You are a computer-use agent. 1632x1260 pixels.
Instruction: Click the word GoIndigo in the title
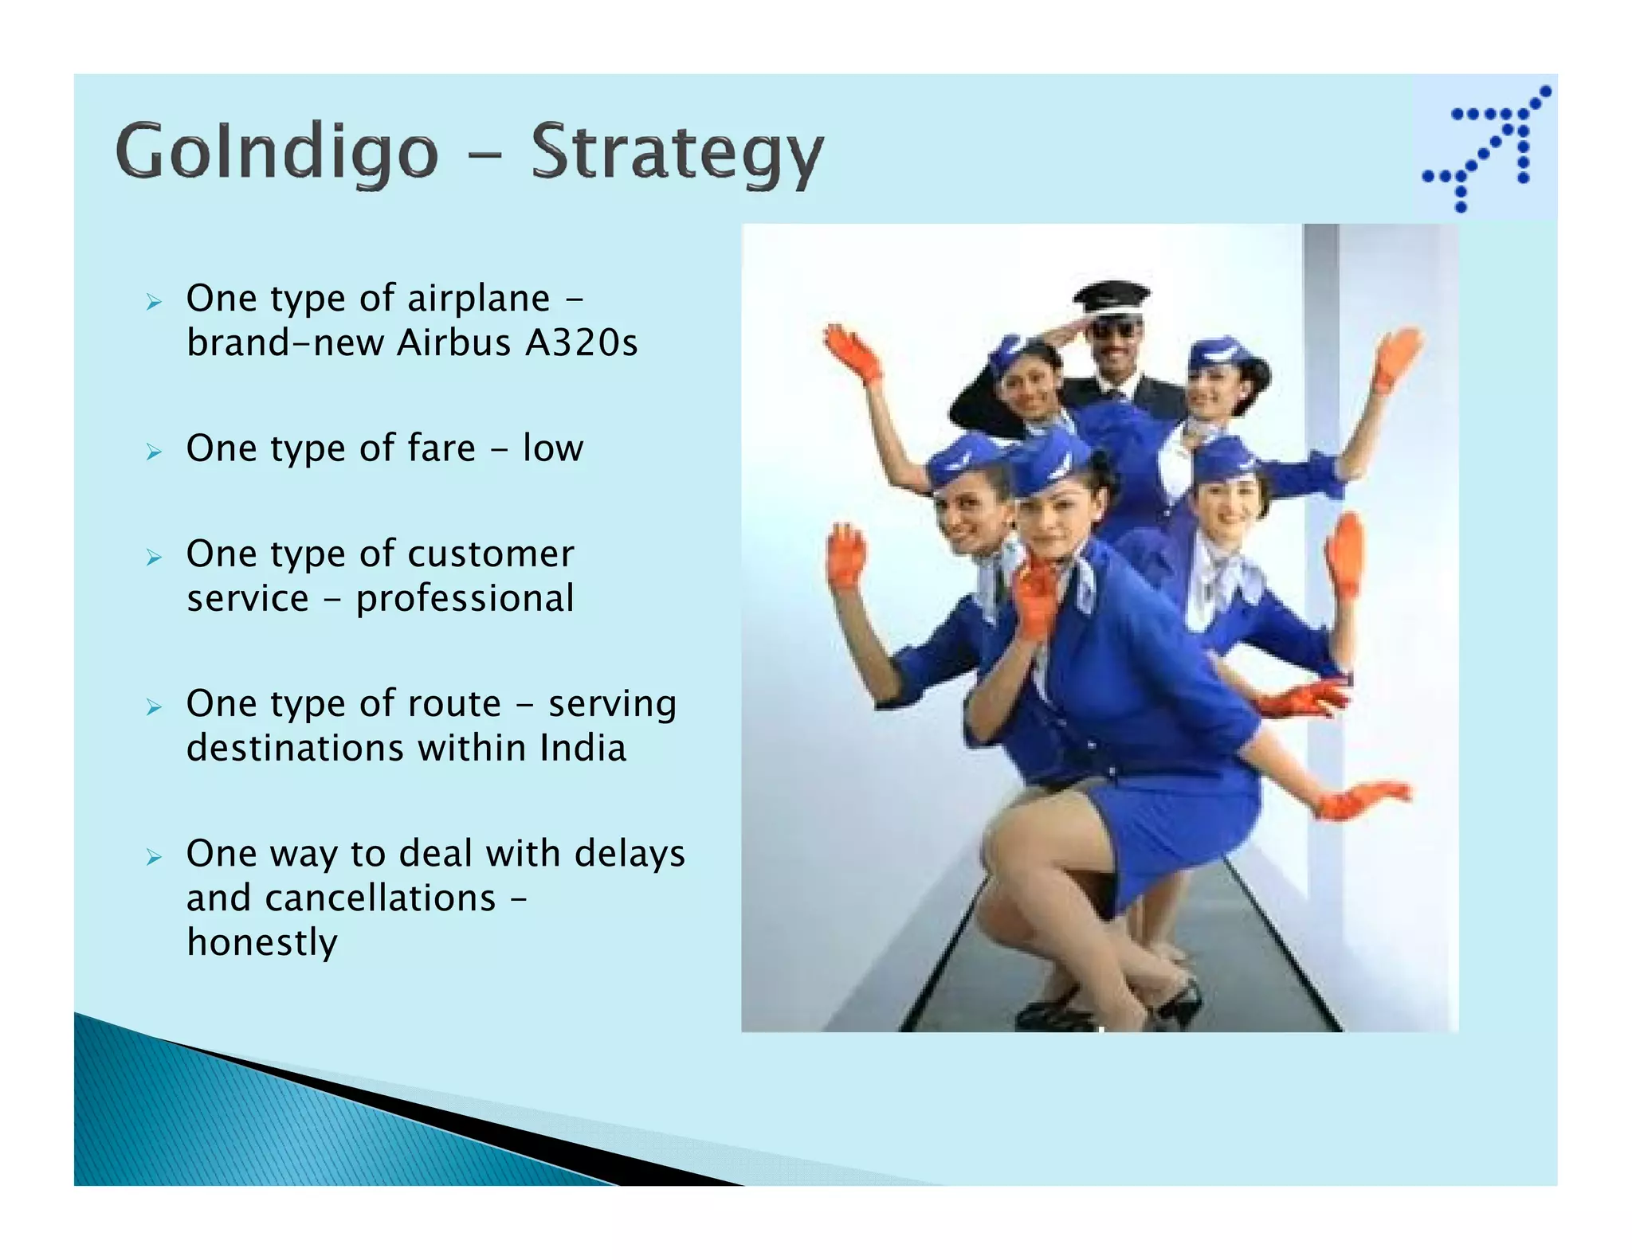coord(277,151)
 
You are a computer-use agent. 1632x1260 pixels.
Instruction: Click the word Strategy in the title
coord(677,154)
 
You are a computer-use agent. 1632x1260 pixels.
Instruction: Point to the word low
coord(552,448)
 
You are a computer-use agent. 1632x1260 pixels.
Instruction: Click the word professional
coord(465,599)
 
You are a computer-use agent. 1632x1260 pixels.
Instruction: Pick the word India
coord(583,749)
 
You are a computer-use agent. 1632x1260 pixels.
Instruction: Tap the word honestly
coord(262,943)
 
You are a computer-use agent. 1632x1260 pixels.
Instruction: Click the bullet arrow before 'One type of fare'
coord(154,452)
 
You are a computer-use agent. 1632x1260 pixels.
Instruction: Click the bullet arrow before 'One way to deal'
coord(154,858)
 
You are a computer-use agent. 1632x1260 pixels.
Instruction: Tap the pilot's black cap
coord(1111,296)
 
